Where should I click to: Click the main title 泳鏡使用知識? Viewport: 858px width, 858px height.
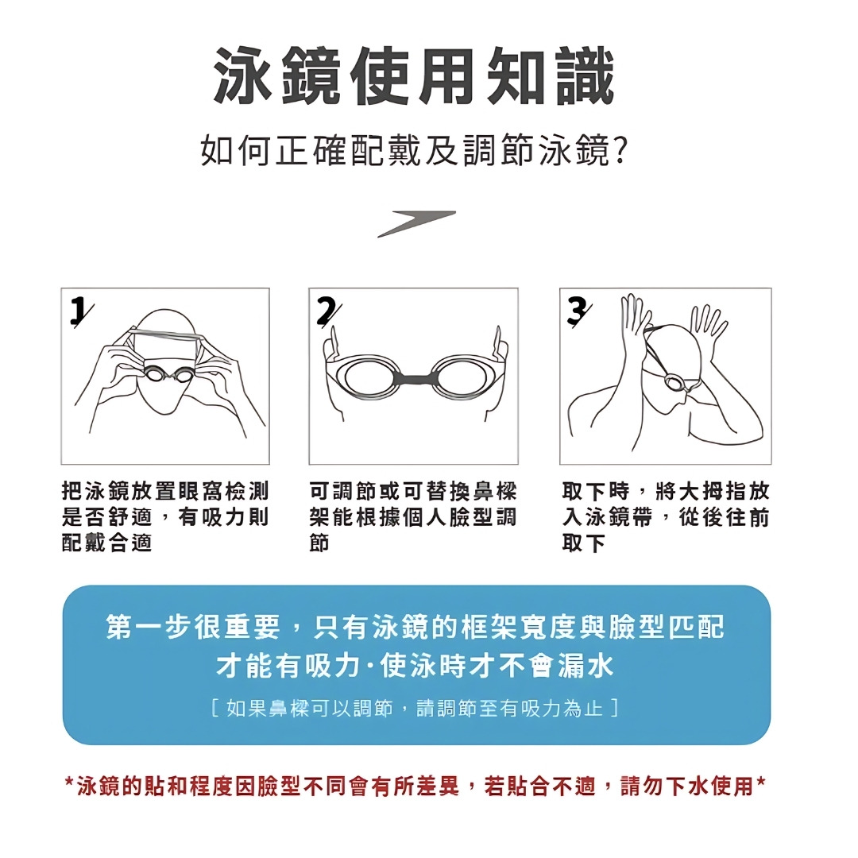point(414,75)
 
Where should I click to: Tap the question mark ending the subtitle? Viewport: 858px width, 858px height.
point(620,152)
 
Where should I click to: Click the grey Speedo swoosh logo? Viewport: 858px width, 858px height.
point(416,224)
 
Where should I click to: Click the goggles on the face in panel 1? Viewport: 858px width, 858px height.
point(163,374)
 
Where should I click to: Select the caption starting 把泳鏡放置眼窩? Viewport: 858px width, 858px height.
point(165,516)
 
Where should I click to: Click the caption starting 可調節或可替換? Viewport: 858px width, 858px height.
point(413,516)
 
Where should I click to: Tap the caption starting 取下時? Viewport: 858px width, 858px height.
point(666,516)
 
